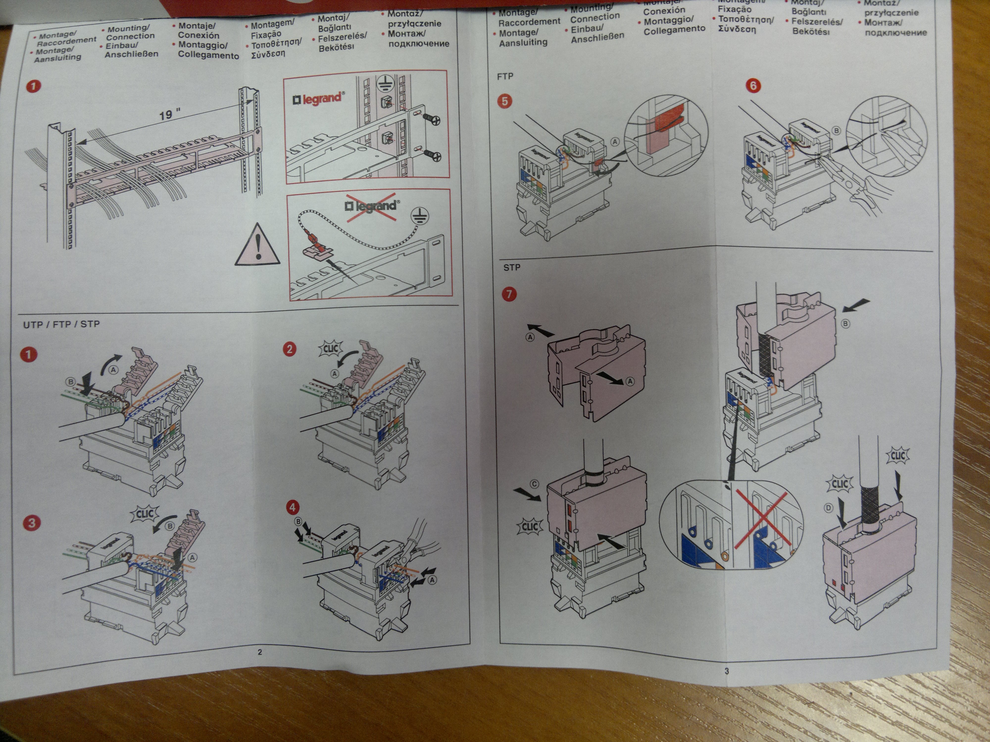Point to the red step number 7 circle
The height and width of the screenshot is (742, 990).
click(509, 294)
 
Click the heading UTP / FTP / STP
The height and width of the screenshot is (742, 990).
click(61, 324)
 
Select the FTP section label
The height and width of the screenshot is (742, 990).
click(505, 76)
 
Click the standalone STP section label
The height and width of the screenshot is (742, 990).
click(512, 267)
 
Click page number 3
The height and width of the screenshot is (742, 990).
click(726, 671)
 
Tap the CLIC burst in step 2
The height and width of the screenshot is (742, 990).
click(330, 348)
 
